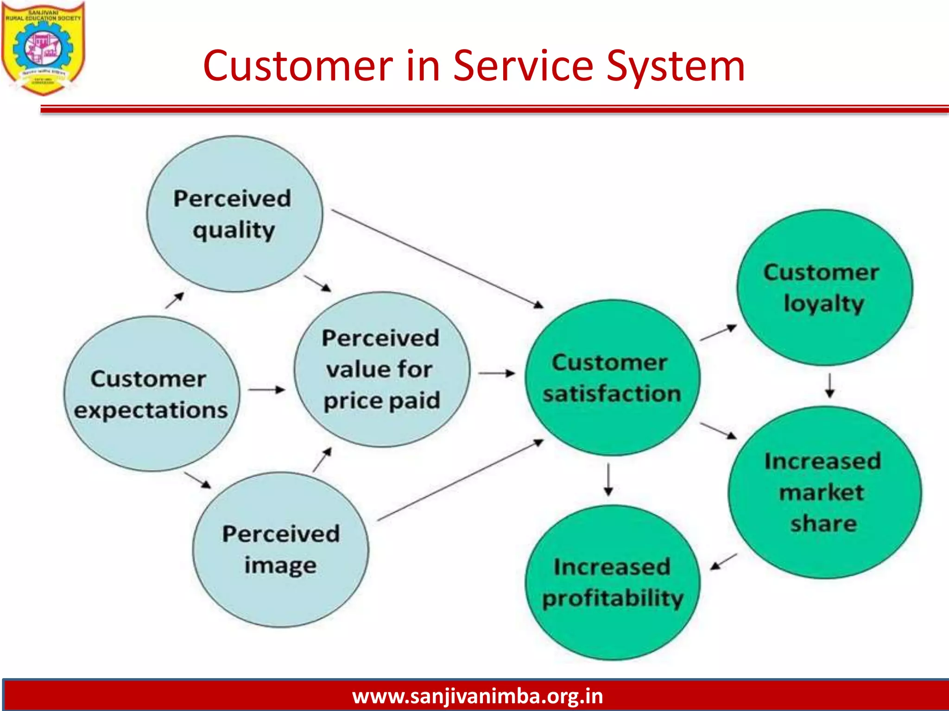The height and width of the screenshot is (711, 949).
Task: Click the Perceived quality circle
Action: coord(234,214)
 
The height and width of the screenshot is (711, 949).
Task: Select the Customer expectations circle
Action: coord(152,394)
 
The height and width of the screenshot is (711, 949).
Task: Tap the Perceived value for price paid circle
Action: coord(382,369)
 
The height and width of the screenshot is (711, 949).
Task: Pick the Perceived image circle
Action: coord(281,549)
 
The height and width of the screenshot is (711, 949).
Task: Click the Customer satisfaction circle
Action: coord(612,378)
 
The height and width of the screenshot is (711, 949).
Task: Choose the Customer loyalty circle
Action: coord(824,287)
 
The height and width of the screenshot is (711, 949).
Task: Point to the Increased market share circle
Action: coord(824,492)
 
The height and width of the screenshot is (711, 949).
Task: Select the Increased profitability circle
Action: coord(612,582)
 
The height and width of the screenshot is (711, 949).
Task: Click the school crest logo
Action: coord(43,48)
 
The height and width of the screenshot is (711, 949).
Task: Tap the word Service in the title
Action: coord(523,66)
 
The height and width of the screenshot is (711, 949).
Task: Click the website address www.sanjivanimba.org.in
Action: coord(477,696)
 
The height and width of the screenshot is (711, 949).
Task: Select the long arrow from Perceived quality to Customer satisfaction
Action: coord(437,259)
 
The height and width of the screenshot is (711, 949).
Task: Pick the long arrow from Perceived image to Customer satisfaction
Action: coord(460,480)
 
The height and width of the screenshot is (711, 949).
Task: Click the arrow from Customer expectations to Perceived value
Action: coord(266,390)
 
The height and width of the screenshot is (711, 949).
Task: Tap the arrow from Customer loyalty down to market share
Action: coord(830,386)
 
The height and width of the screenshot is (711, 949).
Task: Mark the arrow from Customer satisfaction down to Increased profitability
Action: coord(609,480)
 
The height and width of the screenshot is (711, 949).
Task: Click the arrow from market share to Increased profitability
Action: coord(723,561)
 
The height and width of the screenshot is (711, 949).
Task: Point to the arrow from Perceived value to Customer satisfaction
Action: coord(497,373)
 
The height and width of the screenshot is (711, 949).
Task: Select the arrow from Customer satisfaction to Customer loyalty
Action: coord(718,333)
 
